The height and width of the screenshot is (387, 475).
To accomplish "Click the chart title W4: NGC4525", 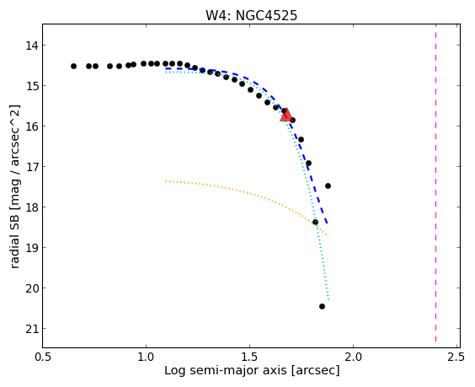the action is coord(252,15).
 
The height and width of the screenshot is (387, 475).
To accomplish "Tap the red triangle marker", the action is coord(286,115).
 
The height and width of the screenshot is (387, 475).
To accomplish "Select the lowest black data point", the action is coord(322,306).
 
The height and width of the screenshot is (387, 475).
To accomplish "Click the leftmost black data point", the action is coord(73,66).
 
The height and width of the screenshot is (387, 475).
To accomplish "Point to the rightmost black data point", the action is coord(328,186).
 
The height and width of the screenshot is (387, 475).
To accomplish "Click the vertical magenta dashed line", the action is coord(435,183).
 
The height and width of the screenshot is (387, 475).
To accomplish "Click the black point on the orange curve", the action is coord(315,223).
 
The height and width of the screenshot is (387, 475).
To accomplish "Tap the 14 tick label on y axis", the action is coord(32,46).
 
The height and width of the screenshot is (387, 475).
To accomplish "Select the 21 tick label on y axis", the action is coord(32,329).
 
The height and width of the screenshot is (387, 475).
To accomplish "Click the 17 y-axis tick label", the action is coord(32,167).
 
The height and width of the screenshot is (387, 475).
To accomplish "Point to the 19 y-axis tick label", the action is coord(32,248).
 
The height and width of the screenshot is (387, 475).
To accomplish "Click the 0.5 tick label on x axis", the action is coord(43,357).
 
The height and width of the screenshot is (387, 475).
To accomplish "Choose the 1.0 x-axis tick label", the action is coord(146,357).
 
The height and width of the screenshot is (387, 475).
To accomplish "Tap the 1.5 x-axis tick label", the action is coord(249,357).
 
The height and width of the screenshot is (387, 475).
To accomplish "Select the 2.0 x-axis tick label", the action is coord(353,357).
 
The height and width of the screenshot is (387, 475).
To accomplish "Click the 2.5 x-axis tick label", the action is coord(456,357).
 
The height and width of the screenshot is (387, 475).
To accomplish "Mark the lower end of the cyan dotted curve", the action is coord(328,300).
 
